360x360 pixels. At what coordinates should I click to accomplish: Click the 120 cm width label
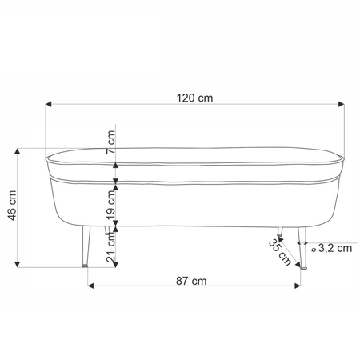[194, 98]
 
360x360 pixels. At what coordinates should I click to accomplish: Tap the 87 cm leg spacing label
[191, 281]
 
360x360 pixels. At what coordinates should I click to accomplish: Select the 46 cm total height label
[12, 206]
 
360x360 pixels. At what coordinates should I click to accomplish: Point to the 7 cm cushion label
[110, 142]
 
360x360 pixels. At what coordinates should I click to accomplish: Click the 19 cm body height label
[110, 205]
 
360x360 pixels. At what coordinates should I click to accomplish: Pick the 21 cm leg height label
[110, 247]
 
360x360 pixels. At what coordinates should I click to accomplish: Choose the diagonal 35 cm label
[280, 252]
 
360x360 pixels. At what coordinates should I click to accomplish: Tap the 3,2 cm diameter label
[335, 248]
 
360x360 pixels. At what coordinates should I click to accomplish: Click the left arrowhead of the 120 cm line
[48, 104]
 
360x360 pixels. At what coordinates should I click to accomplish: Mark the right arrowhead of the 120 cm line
[341, 104]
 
